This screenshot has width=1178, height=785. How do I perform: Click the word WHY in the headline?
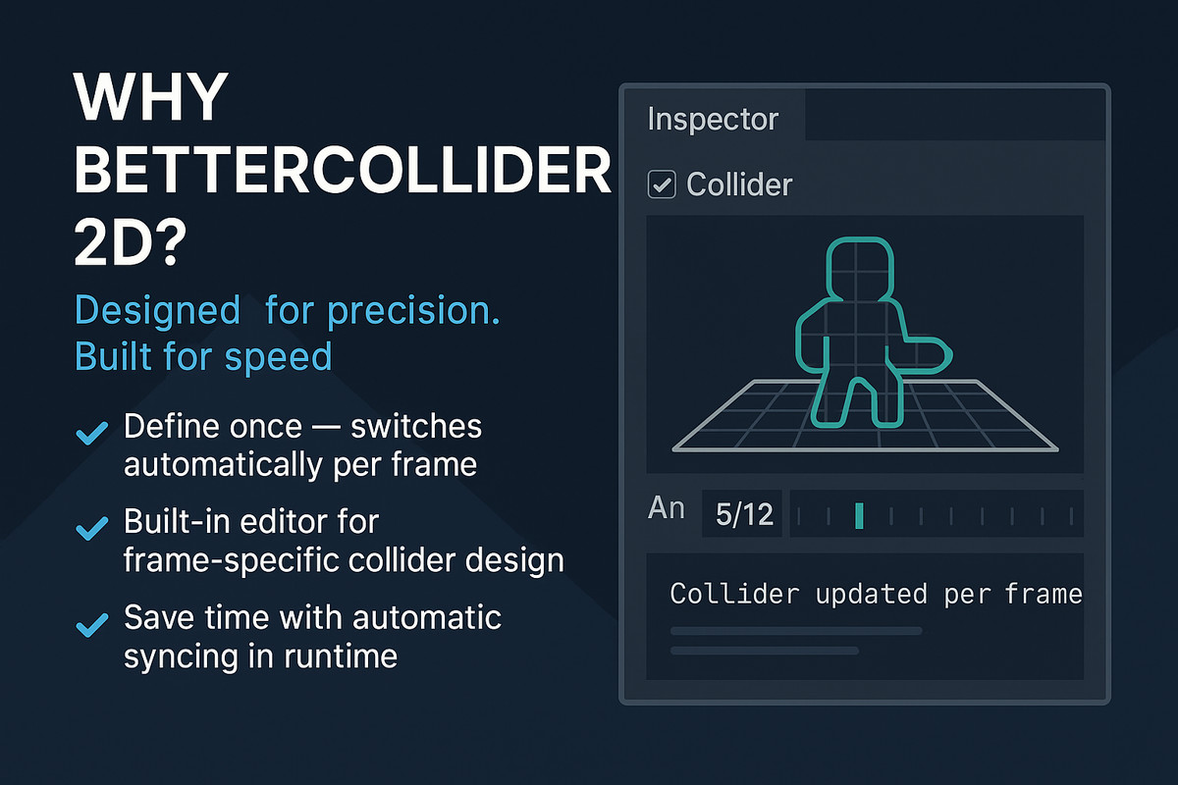point(151,101)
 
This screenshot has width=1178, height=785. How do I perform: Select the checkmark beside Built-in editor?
point(92,529)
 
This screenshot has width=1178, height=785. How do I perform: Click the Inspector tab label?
point(713,120)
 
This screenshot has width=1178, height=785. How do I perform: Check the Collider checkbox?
point(663,183)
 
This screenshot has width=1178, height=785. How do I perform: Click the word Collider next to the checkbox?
point(739,183)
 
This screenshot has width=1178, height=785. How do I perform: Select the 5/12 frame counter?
point(743,514)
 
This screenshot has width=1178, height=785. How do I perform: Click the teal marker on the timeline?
point(859,515)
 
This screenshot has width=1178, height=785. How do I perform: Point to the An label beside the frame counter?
point(667,509)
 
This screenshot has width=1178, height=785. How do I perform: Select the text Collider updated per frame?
point(876,594)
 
